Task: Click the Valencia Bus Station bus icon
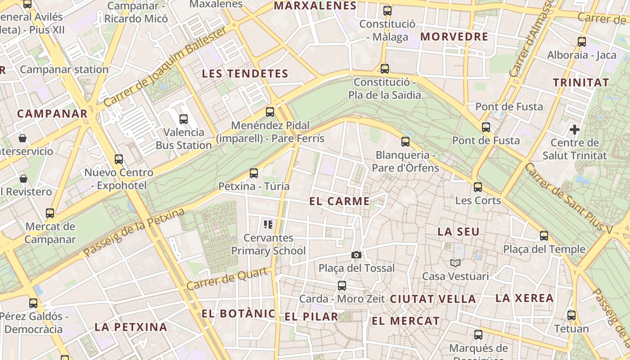coord(184,119)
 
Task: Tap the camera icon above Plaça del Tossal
coord(356,255)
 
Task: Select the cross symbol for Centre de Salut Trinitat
coord(575,130)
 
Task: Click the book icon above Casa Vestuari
coord(455,263)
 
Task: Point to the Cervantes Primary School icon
coord(269,224)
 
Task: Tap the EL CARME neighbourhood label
coord(340,201)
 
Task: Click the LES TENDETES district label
coord(245,74)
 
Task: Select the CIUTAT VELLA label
coord(433,299)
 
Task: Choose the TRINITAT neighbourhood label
coord(581,83)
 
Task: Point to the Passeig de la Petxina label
coord(135,232)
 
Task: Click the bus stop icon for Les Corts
coord(478,187)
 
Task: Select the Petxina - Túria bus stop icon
coord(254,173)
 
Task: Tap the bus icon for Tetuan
coord(571,315)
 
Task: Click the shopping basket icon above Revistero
coord(23,179)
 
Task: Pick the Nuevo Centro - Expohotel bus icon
coord(119,159)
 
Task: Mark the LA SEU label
coord(459,232)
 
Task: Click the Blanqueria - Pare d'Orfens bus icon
coord(405,142)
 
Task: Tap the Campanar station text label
coord(64,70)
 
